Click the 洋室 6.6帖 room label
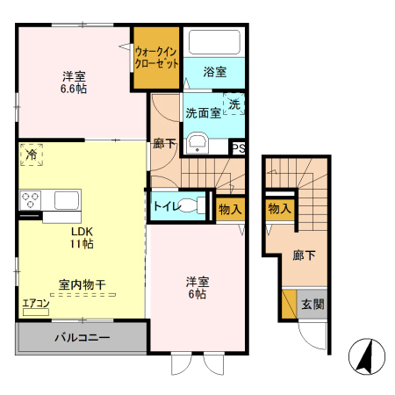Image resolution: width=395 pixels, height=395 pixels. tap(73, 82)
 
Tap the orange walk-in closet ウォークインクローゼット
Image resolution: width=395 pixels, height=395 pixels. tap(157, 58)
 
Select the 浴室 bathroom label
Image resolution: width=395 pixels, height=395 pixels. tap(214, 71)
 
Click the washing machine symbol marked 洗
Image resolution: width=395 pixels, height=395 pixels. tap(234, 104)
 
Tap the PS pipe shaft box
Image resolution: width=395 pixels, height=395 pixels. tap(239, 148)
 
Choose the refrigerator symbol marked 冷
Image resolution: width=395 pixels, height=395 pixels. tap(31, 154)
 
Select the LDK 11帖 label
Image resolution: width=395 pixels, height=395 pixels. tap(81, 238)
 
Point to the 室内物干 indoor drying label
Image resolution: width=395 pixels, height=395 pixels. tap(82, 284)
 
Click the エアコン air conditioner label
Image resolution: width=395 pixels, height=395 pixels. tap(36, 304)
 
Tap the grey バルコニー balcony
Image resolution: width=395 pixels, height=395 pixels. tap(82, 337)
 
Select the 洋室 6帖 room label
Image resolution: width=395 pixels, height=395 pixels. tap(197, 288)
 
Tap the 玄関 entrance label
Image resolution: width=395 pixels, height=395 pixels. tap(313, 305)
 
